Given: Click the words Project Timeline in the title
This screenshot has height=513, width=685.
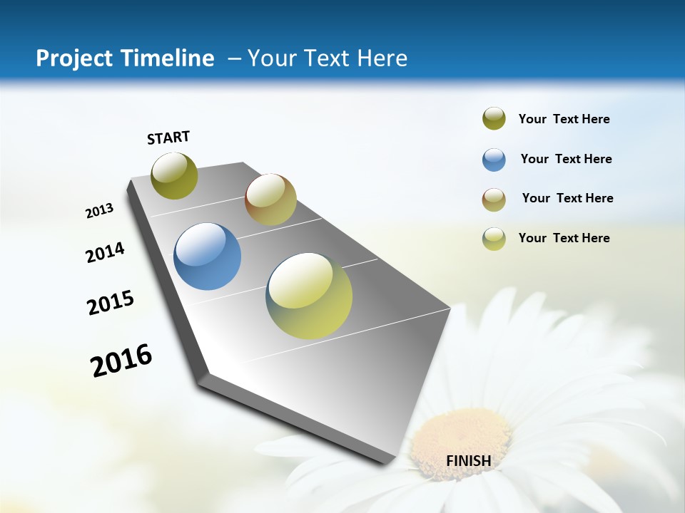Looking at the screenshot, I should [125, 58].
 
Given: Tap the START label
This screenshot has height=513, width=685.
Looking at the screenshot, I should [168, 138].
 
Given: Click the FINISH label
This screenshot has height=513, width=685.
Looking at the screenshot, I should [469, 460].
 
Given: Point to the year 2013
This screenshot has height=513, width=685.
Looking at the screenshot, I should [99, 211].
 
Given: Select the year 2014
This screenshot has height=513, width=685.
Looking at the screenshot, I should [105, 252].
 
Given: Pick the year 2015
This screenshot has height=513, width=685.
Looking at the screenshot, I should [111, 303].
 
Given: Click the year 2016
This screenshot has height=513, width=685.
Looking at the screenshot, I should [121, 360].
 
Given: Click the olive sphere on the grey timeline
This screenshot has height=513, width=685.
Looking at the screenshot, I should [174, 175].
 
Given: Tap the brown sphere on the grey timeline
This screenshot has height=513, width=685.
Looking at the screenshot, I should [270, 199].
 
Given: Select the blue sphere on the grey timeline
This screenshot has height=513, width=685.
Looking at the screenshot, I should [207, 256].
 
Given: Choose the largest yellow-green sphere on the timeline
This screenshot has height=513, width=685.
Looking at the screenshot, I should [309, 296].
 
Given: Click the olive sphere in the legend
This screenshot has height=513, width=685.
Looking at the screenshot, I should [494, 119].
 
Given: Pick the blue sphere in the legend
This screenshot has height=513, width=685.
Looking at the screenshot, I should [494, 159].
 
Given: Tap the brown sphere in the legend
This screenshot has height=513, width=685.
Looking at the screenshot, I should [494, 199].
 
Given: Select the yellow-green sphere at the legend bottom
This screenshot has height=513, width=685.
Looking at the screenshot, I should [494, 239].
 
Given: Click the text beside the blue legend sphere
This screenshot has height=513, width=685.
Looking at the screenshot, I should [566, 159].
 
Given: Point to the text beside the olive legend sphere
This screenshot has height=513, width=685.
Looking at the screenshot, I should [564, 119].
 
